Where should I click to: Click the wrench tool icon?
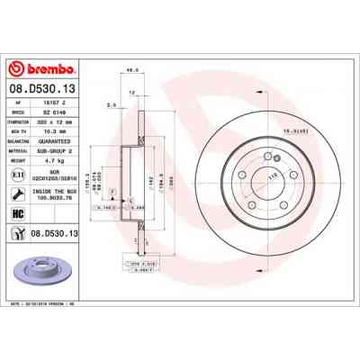[x=18, y=192]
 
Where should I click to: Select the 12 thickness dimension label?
[x=132, y=93]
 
